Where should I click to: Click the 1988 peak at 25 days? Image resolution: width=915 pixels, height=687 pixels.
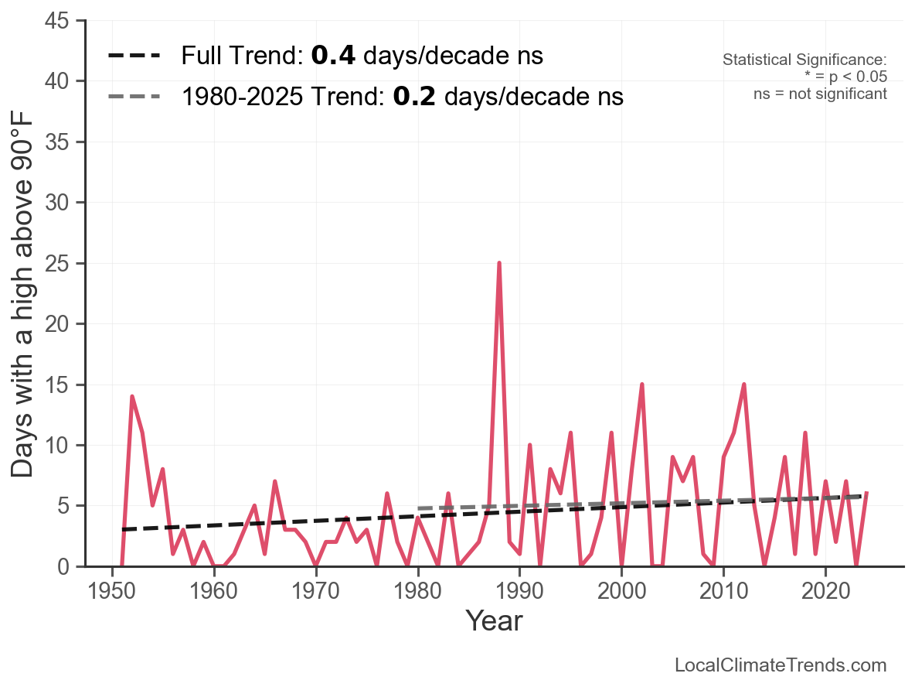[499, 263]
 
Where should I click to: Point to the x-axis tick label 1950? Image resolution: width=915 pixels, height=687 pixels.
[113, 592]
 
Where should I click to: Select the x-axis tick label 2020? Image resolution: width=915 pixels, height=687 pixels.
[825, 592]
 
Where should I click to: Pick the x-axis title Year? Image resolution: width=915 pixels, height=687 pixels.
[494, 621]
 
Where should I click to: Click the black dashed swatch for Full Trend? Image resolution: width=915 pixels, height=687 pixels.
[134, 56]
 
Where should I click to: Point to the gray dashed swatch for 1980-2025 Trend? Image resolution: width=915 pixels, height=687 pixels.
[134, 97]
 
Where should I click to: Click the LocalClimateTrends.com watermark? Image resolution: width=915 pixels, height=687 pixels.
[781, 665]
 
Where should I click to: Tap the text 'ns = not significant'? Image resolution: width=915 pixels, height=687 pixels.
[820, 94]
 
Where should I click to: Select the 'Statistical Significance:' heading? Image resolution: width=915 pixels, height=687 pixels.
[804, 60]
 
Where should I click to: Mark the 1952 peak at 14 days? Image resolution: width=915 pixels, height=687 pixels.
[132, 397]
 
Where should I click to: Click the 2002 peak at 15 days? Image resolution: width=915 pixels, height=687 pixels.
[641, 385]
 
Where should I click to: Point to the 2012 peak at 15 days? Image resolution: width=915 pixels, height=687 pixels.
[743, 385]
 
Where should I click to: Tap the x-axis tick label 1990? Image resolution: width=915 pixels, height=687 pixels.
[519, 592]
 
